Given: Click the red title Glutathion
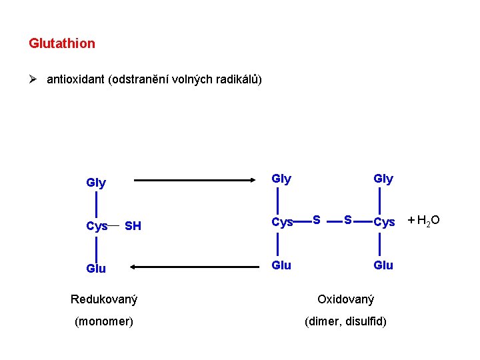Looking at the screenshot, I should click(x=62, y=43).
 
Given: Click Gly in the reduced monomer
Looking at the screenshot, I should click(x=96, y=183).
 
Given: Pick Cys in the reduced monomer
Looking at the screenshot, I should click(x=97, y=226).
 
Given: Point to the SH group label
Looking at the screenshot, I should click(x=133, y=226).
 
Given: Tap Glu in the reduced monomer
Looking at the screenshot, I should click(x=96, y=268).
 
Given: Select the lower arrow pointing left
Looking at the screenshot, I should click(x=193, y=267).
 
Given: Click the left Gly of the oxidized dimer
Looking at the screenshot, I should click(x=282, y=179).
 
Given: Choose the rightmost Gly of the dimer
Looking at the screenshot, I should click(x=383, y=179).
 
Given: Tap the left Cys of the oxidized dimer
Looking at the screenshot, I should click(x=283, y=222).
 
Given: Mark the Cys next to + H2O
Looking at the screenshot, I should click(x=384, y=222).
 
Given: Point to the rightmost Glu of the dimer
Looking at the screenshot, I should click(x=383, y=265).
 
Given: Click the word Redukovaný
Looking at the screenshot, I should click(x=104, y=299).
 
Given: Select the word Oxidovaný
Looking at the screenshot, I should click(x=345, y=299).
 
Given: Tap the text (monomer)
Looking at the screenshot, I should click(x=104, y=321).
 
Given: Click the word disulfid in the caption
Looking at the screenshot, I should click(x=366, y=321).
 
